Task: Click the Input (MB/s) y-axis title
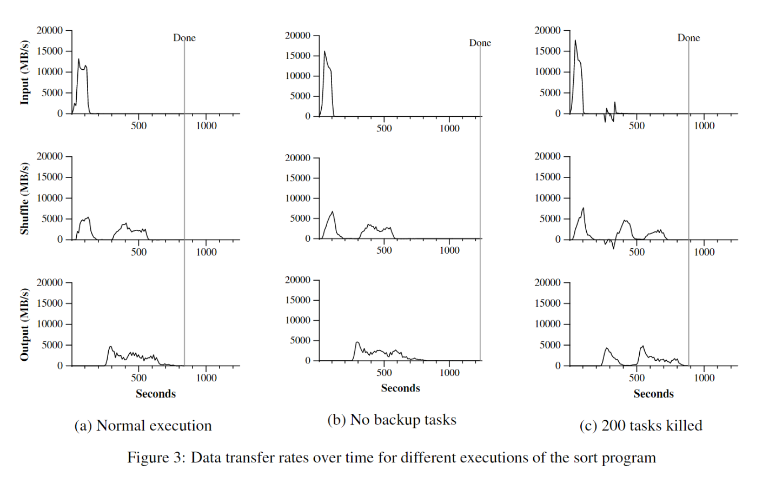point(24,72)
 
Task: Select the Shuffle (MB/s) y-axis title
point(24,199)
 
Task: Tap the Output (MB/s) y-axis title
point(24,325)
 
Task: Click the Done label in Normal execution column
point(184,38)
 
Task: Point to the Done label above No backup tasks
point(480,43)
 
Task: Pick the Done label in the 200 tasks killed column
point(688,38)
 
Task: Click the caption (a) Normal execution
point(143,426)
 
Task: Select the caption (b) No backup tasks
point(392,420)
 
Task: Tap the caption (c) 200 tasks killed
point(641,426)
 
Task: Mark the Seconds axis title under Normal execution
point(156,394)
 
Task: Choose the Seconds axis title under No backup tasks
point(400,388)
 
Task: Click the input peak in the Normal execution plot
point(78,59)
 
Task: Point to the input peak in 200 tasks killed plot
point(575,40)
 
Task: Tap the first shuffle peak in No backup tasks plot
point(333,212)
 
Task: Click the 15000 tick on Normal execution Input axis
point(50,51)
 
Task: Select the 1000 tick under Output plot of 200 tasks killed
point(704,378)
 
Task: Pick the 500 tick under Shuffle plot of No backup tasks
point(384,250)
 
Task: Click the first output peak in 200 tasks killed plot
point(607,348)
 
